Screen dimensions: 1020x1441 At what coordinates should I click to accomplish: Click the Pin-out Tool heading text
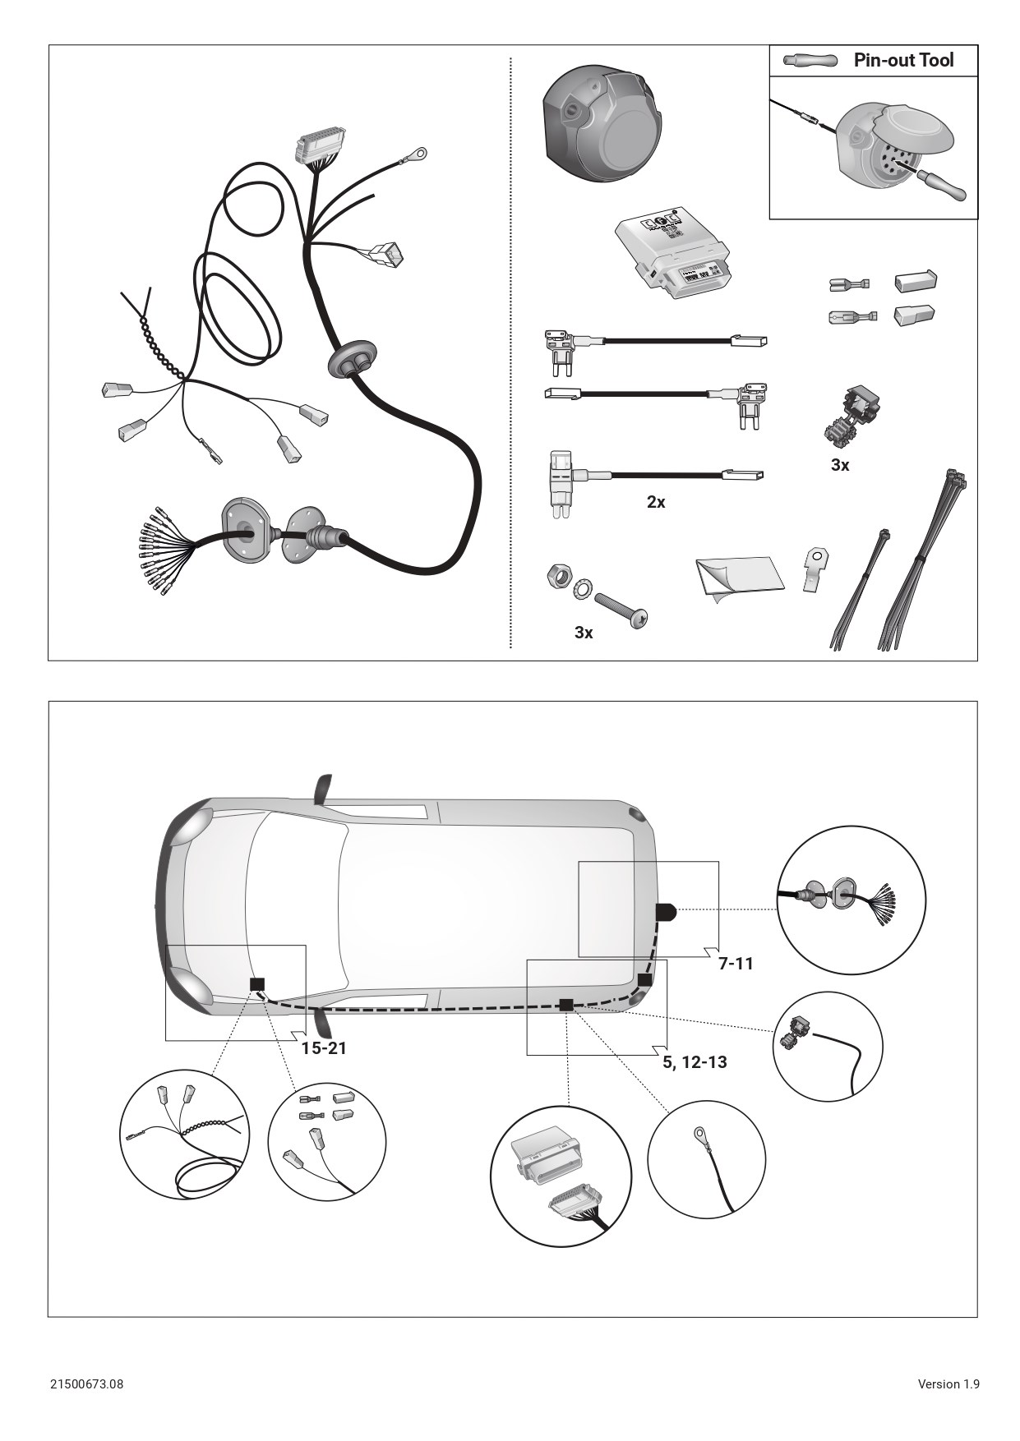coord(903,60)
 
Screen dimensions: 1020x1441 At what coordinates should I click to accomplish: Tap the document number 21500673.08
coord(86,1383)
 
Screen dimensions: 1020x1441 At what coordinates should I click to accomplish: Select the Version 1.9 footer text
coord(948,1383)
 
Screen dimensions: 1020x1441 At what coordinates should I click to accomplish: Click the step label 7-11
coord(736,963)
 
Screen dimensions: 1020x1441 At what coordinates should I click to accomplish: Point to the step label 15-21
coord(324,1047)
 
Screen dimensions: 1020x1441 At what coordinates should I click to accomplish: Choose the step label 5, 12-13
coord(695,1061)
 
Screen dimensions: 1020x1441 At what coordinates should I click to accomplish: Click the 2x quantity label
coord(656,501)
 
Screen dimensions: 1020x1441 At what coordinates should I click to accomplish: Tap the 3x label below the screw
coord(584,632)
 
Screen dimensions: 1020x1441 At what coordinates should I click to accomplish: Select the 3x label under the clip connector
coord(840,465)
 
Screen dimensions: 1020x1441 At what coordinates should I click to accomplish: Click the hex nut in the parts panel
coord(556,576)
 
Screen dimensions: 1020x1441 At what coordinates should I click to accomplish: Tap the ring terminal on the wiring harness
coord(418,154)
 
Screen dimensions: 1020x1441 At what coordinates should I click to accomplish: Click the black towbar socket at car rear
coord(665,911)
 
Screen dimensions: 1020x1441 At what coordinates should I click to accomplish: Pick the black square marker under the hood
coord(258,984)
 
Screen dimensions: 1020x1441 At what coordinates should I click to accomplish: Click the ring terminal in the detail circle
coord(701,1135)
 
